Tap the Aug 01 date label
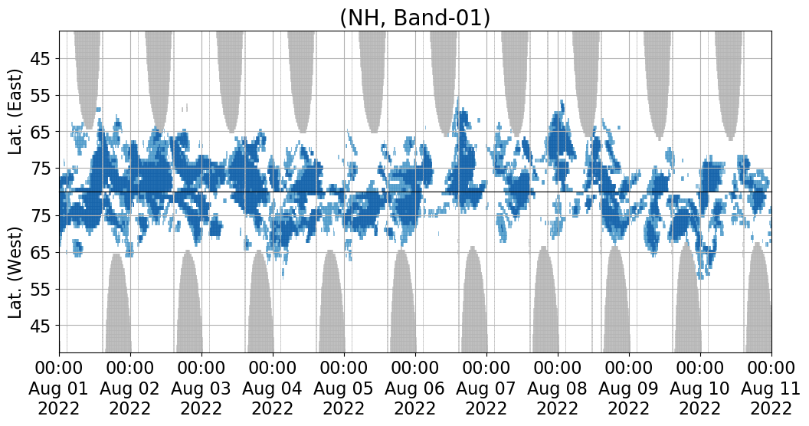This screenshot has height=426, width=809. click(58, 388)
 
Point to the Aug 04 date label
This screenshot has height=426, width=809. click(272, 388)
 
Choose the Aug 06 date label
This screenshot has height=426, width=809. click(414, 388)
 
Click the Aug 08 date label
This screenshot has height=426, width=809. click(557, 388)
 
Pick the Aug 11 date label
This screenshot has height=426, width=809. click(771, 388)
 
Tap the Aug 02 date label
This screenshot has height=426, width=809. click(130, 388)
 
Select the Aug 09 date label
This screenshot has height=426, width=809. click(628, 388)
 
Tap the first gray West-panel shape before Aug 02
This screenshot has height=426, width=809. click(118, 304)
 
